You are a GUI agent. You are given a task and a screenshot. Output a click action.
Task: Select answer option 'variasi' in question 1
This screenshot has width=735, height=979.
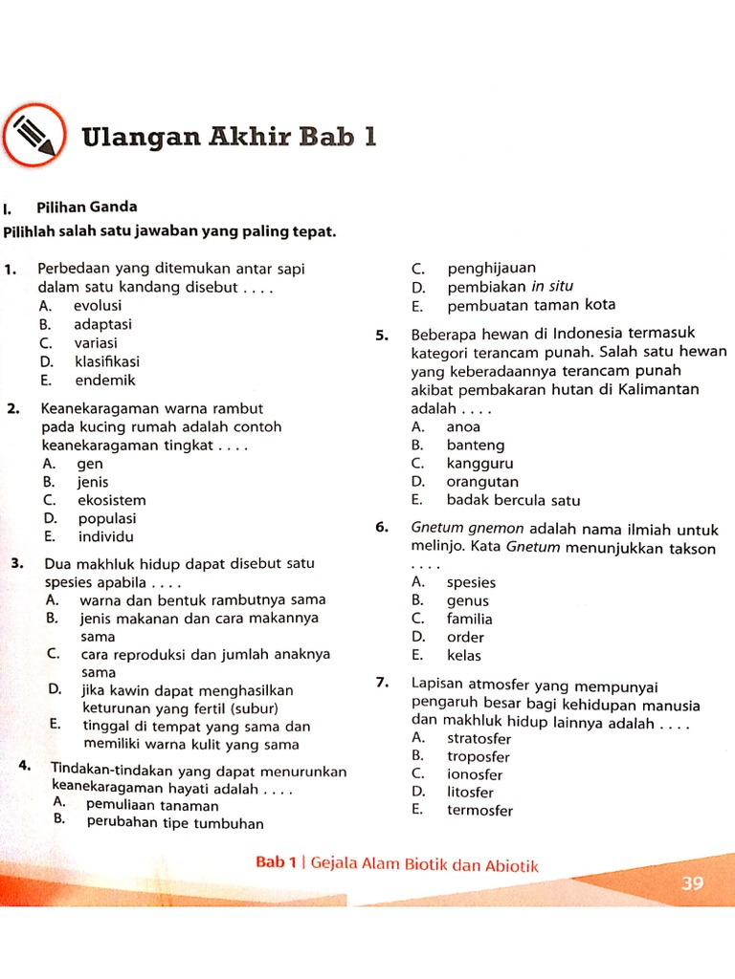click(96, 342)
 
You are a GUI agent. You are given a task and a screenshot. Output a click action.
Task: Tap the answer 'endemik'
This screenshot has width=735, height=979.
click(104, 380)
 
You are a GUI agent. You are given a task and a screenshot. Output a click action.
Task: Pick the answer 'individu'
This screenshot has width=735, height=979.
click(105, 536)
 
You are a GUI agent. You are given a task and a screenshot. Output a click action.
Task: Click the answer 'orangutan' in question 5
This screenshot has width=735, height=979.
click(482, 482)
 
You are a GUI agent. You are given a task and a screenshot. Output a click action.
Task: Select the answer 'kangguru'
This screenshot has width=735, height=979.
click(479, 464)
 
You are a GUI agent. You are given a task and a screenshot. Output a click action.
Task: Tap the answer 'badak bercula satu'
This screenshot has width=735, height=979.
click(513, 500)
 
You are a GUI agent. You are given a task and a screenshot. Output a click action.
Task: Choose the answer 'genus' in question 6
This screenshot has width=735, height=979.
click(468, 600)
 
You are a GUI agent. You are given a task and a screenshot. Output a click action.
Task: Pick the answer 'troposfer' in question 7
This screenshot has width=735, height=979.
click(479, 756)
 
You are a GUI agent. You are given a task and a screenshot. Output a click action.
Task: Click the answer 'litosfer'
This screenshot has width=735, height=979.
click(470, 792)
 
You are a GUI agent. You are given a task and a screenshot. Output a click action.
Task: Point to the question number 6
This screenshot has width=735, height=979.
click(381, 528)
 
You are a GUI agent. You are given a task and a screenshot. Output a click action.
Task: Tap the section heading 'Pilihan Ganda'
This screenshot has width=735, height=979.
click(87, 207)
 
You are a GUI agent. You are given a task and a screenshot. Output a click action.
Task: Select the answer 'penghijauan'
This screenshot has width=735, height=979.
click(492, 268)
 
